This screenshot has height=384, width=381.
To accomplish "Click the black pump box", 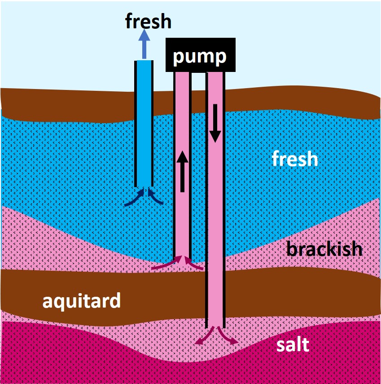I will point(201,55).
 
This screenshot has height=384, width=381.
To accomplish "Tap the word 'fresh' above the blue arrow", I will point(148,21).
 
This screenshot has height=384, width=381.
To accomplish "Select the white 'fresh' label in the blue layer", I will point(295,159).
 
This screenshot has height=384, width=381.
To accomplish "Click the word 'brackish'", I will point(324,248).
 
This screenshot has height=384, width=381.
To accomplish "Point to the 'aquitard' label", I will point(82,300).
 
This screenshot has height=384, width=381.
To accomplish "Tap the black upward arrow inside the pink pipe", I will point(182,171).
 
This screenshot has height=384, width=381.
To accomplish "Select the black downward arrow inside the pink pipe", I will point(215,122).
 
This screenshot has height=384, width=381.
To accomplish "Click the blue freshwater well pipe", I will point(144,121).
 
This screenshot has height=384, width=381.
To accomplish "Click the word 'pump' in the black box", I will point(200,57).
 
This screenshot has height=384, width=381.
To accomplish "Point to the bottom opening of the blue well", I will point(144,186).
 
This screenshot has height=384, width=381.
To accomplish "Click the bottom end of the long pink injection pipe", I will point(215,326).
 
